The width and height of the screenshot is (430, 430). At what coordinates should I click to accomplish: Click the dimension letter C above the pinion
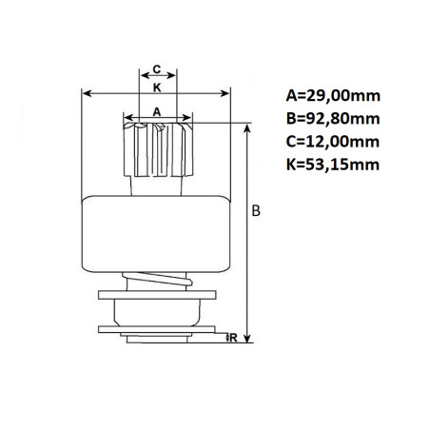tap(157, 68)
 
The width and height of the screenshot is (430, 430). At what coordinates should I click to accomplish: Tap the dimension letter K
tap(157, 88)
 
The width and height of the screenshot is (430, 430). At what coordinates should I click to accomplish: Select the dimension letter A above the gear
tap(157, 111)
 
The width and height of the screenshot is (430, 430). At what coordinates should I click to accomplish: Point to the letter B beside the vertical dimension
tap(256, 211)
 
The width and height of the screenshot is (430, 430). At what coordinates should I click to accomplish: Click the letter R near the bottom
tap(233, 338)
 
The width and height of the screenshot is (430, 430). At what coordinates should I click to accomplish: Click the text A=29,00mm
tap(333, 95)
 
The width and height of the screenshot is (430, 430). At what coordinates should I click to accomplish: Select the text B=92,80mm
tap(333, 119)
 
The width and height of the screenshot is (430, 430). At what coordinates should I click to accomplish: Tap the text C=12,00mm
tap(333, 142)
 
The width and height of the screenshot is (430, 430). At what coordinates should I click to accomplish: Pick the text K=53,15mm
tap(333, 165)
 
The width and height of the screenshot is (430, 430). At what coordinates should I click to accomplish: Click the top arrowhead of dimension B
tap(247, 128)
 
